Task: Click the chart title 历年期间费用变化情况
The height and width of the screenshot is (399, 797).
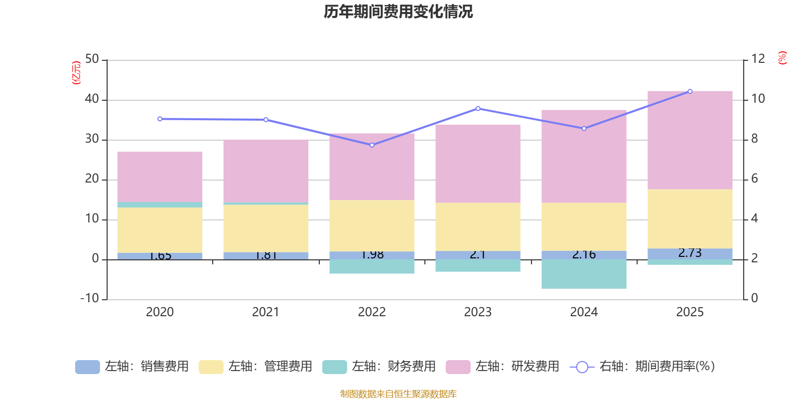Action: [x=398, y=11]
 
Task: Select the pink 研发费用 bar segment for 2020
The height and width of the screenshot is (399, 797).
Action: [x=160, y=177]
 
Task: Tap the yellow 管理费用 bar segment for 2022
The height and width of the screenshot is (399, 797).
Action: [x=372, y=225]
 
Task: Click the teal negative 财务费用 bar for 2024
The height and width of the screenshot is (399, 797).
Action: [x=584, y=274]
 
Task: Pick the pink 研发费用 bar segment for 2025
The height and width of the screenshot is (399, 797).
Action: [x=690, y=140]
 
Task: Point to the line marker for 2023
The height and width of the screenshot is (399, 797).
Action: [x=478, y=108]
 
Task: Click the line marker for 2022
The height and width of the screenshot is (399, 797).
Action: [x=372, y=145]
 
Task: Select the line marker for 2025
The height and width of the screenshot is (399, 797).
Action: [x=690, y=91]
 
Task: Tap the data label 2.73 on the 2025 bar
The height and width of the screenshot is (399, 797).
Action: [x=690, y=253]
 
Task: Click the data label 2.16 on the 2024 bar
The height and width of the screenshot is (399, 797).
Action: [x=584, y=254]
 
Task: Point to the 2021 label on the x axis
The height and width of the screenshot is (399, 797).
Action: [x=266, y=312]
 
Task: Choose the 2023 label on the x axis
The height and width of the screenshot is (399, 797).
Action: [x=478, y=312]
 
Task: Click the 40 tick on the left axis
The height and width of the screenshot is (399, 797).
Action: [x=92, y=99]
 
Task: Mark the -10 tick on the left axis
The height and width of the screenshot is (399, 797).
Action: [x=90, y=298]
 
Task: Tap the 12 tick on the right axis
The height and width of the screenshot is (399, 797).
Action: [x=758, y=59]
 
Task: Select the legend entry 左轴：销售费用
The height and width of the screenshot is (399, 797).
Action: [x=132, y=367]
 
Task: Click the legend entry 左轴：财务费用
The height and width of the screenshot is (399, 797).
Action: [x=379, y=367]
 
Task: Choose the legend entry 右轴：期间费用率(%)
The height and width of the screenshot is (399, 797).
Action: [x=643, y=367]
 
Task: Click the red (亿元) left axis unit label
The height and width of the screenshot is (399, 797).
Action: [x=76, y=73]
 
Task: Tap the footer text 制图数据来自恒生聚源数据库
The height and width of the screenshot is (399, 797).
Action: [x=398, y=394]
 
